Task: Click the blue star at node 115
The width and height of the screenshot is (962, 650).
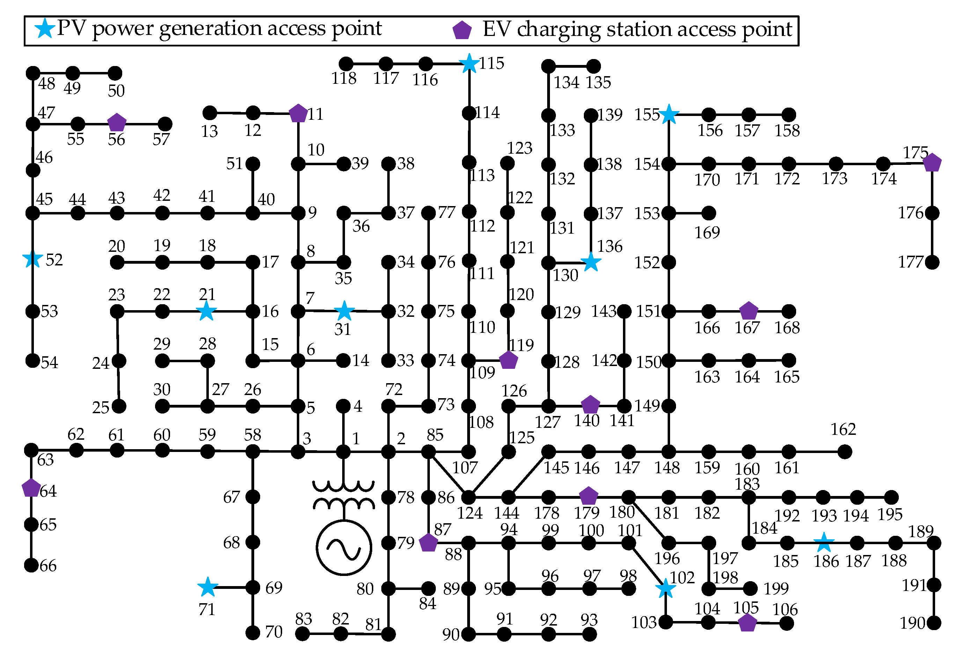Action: pyautogui.click(x=469, y=64)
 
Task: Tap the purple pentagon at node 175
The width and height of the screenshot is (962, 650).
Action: pyautogui.click(x=932, y=163)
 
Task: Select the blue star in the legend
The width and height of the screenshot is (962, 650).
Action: pyautogui.click(x=44, y=29)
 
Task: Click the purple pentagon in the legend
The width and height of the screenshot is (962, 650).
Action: pyautogui.click(x=462, y=30)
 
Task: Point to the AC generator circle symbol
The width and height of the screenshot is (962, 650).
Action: pyautogui.click(x=344, y=547)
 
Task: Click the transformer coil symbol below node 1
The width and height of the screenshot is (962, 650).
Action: pyautogui.click(x=344, y=494)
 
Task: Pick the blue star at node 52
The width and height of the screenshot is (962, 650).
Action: pyautogui.click(x=33, y=260)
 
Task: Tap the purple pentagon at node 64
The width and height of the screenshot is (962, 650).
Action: pyautogui.click(x=31, y=488)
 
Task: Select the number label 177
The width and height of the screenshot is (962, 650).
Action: pyautogui.click(x=911, y=262)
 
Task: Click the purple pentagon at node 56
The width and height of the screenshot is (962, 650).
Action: pyautogui.click(x=117, y=123)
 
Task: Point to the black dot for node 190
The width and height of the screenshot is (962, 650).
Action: pyautogui.click(x=933, y=623)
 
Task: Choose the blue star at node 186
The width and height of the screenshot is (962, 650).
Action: pyautogui.click(x=824, y=542)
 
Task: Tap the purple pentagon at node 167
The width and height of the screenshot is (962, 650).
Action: pyautogui.click(x=748, y=311)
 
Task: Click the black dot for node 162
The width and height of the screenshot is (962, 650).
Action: pyautogui.click(x=844, y=452)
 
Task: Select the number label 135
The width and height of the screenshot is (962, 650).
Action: pyautogui.click(x=598, y=82)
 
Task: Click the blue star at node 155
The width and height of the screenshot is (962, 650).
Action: pyautogui.click(x=669, y=115)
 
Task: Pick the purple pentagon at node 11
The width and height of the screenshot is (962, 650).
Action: pyautogui.click(x=298, y=114)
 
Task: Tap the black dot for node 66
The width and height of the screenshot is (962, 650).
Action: pyautogui.click(x=31, y=565)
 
